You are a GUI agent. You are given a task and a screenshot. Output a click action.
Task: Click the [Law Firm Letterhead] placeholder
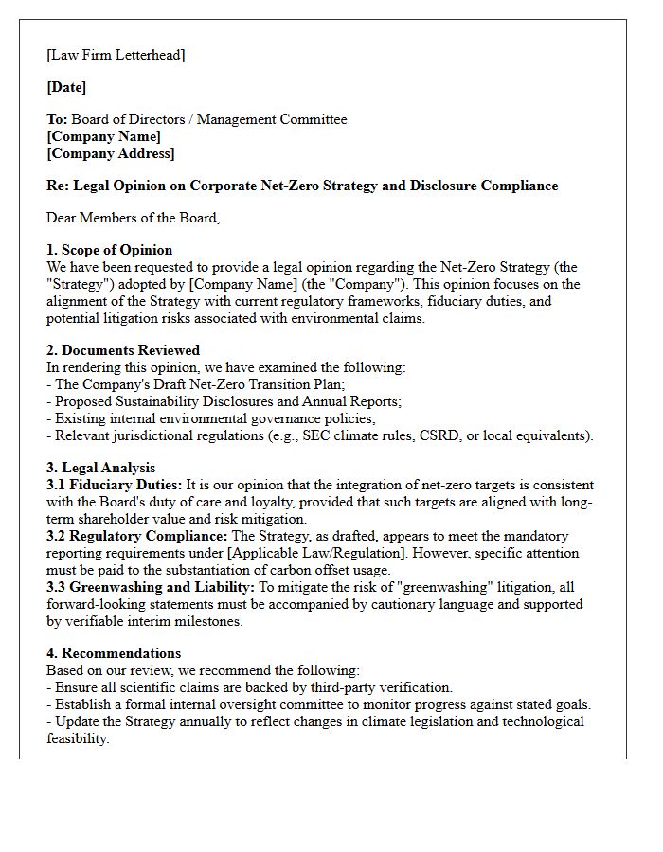pyautogui.click(x=116, y=55)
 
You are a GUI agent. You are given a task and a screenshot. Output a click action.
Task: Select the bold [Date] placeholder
pyautogui.click(x=66, y=87)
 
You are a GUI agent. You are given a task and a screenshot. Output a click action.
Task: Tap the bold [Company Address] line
pyautogui.click(x=111, y=153)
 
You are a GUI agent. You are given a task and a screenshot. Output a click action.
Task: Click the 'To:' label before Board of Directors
pyautogui.click(x=57, y=119)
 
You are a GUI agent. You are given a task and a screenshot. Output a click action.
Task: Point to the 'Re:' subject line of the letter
pyautogui.click(x=302, y=186)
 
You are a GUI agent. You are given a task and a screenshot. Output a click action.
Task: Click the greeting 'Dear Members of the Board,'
pyautogui.click(x=133, y=218)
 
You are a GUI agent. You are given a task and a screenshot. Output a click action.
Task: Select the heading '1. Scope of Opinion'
pyautogui.click(x=110, y=250)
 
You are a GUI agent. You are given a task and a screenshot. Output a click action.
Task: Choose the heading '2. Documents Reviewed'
pyautogui.click(x=123, y=350)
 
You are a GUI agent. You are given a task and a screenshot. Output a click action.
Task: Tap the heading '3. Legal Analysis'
pyautogui.click(x=101, y=468)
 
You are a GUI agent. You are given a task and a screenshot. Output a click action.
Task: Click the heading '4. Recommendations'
pyautogui.click(x=114, y=653)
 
